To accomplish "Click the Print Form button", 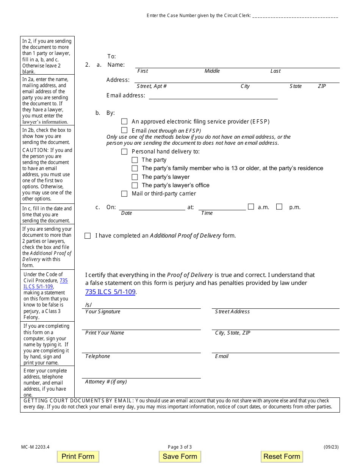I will coord(78,457).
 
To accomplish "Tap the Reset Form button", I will coord(282,457).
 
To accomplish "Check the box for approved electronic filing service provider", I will coord(124,122).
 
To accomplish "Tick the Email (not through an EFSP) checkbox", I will coord(124,131).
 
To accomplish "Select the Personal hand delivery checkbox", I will coord(124,152).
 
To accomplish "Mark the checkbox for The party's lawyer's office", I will coord(135,185).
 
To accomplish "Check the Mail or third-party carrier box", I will coord(124,194).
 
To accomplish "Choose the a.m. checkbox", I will coord(251,207).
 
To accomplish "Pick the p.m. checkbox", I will coord(279,207).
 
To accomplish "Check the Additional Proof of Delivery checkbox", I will coord(88,236).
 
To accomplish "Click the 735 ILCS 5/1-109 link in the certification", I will coord(110,292).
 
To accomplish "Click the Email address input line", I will coord(213,96).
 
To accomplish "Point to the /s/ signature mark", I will coord(89,305).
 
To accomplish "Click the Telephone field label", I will coord(98,356).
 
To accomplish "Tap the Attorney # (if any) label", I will coord(106,382).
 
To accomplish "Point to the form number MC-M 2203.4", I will coord(35,447).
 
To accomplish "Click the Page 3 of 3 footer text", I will coord(180,447).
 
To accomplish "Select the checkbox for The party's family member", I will coord(135,168).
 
